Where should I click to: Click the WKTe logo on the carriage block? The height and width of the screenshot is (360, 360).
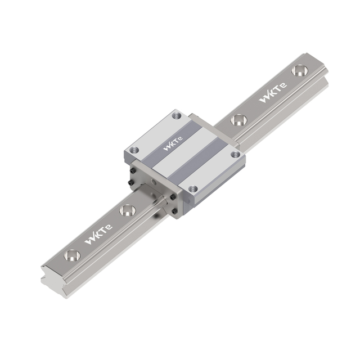[173, 143]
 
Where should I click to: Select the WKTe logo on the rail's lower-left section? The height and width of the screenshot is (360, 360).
[98, 235]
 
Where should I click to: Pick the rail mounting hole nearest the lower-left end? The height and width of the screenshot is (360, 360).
[72, 255]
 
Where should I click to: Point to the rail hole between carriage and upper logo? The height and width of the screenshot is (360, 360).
[238, 120]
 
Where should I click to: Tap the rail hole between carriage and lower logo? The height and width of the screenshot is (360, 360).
[128, 210]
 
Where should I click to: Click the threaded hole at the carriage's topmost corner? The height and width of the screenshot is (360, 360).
[176, 115]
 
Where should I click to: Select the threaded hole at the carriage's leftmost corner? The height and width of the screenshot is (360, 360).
[134, 150]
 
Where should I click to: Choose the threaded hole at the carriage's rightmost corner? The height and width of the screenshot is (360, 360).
[235, 154]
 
